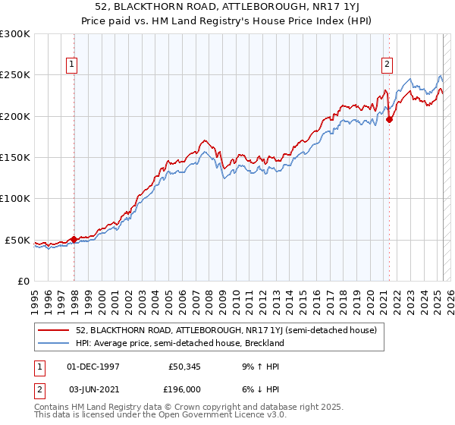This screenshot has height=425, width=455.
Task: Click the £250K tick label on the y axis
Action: point(15,75)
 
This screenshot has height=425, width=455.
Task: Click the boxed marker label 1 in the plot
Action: point(71,65)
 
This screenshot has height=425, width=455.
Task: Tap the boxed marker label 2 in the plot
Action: point(387,65)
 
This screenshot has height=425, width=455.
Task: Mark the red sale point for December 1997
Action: point(74,239)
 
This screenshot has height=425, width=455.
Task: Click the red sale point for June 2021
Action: point(389,119)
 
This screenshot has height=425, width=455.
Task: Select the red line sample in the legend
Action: point(54,330)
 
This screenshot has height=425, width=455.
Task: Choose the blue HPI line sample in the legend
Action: point(54,343)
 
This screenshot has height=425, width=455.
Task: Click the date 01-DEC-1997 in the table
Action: point(93,366)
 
